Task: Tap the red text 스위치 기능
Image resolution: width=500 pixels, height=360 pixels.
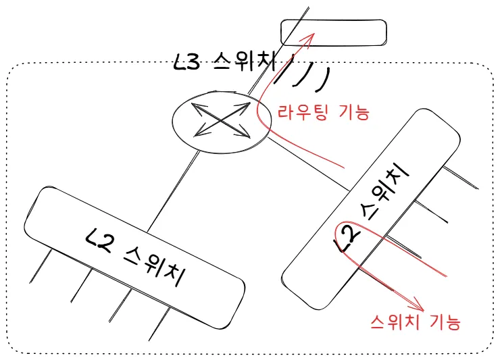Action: tap(416, 322)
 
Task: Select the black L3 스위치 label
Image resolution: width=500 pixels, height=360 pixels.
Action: tap(224, 63)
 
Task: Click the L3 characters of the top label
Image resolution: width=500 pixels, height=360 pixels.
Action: tap(188, 63)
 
